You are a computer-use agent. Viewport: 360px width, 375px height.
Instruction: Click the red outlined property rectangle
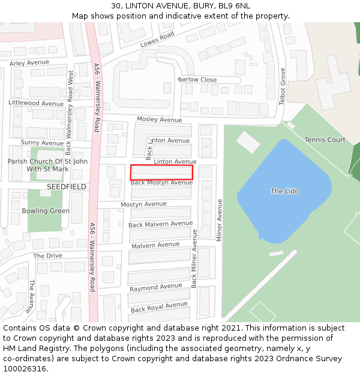tap(161, 172)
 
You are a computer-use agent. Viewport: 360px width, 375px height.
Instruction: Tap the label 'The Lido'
tap(284, 191)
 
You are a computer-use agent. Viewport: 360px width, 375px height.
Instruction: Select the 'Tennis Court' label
tap(325, 140)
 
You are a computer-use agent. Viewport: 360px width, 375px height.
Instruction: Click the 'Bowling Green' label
tap(46, 211)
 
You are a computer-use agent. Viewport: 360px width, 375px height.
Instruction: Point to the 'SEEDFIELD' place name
tap(67, 187)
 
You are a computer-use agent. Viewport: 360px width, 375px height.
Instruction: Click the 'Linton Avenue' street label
tap(175, 162)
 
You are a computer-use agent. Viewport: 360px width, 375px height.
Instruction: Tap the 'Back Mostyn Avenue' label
tap(161, 182)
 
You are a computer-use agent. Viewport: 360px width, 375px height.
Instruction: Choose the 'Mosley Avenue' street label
tap(159, 120)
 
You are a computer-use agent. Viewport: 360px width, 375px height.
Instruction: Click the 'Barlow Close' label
tap(197, 80)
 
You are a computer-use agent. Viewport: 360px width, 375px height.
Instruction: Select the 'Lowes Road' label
tap(157, 40)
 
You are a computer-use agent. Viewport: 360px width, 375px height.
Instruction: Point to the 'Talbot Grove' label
tap(283, 86)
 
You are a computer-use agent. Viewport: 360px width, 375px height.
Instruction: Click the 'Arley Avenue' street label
tap(29, 62)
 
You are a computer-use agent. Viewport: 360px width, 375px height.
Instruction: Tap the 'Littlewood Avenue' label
tap(36, 103)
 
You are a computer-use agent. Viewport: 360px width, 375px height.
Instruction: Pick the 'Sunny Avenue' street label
tap(42, 143)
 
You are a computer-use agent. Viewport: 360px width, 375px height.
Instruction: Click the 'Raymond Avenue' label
tap(155, 287)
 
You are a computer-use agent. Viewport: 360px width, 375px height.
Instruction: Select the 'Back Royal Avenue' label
tap(159, 307)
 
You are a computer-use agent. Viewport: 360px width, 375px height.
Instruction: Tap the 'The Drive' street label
tap(47, 256)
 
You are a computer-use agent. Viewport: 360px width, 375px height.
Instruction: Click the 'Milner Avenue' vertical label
tap(220, 220)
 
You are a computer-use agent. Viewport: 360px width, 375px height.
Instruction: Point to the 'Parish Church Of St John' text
tap(47, 161)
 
